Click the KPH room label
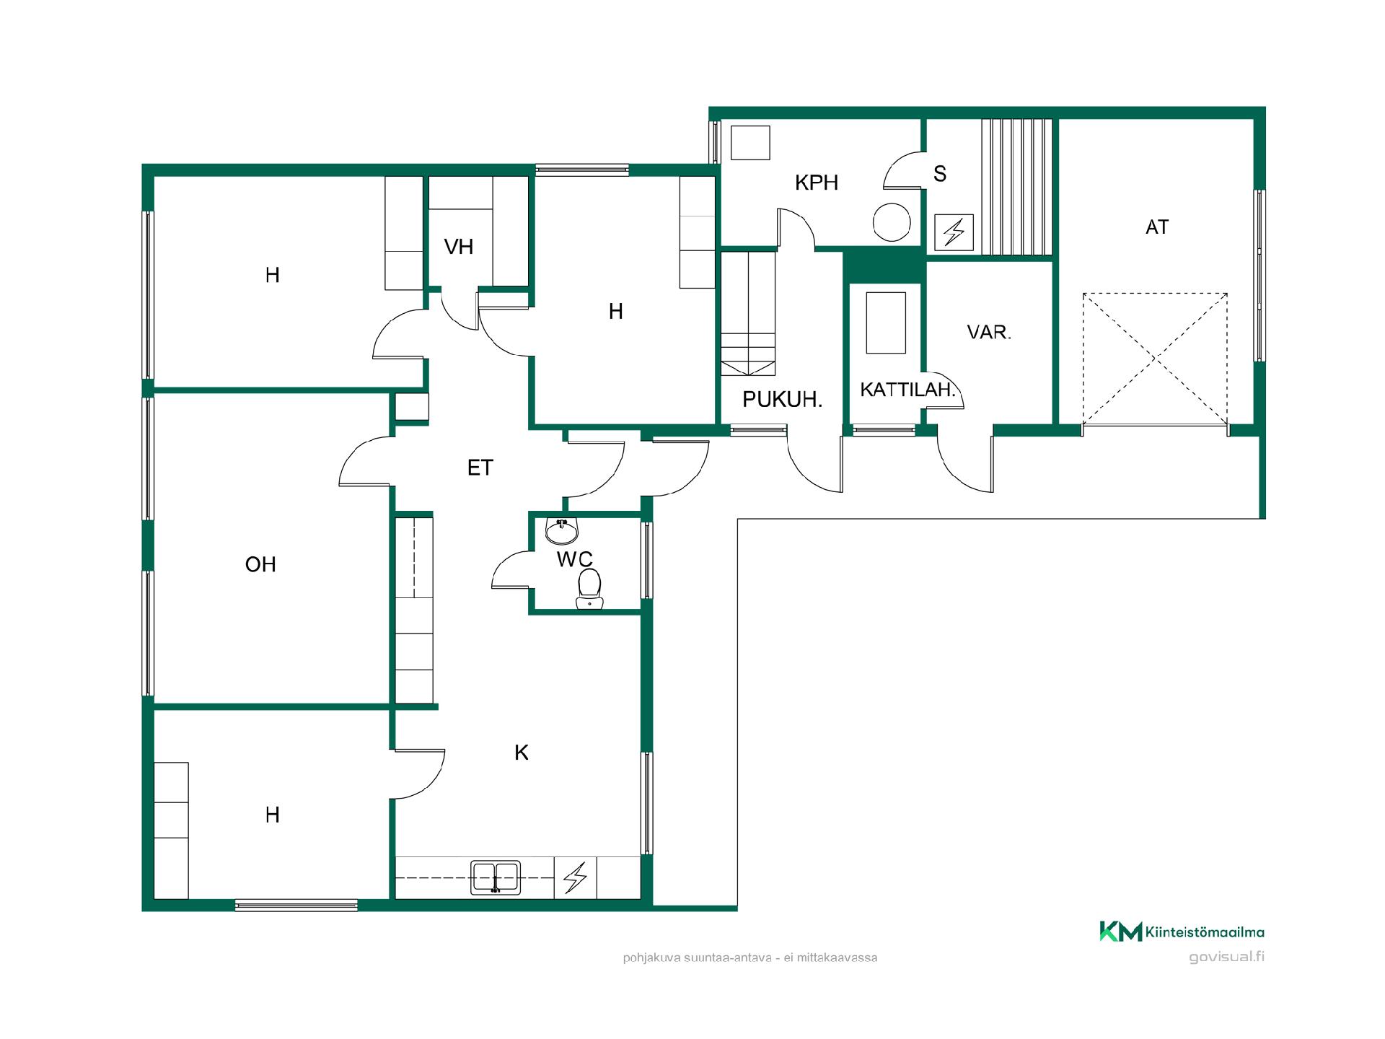click(817, 183)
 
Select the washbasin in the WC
click(561, 531)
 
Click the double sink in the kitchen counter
click(496, 877)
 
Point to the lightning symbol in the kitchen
click(575, 877)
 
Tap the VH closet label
click(459, 247)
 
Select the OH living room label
click(260, 564)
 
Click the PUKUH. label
click(783, 400)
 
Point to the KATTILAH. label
click(907, 390)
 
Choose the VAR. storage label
click(989, 333)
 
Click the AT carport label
click(1157, 227)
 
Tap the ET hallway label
click(480, 468)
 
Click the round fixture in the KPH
click(892, 222)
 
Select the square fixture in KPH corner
click(751, 142)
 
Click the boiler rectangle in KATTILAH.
click(886, 323)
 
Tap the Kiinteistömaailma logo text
click(1205, 932)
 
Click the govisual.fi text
click(1226, 957)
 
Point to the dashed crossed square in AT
click(1155, 358)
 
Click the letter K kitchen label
click(522, 753)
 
